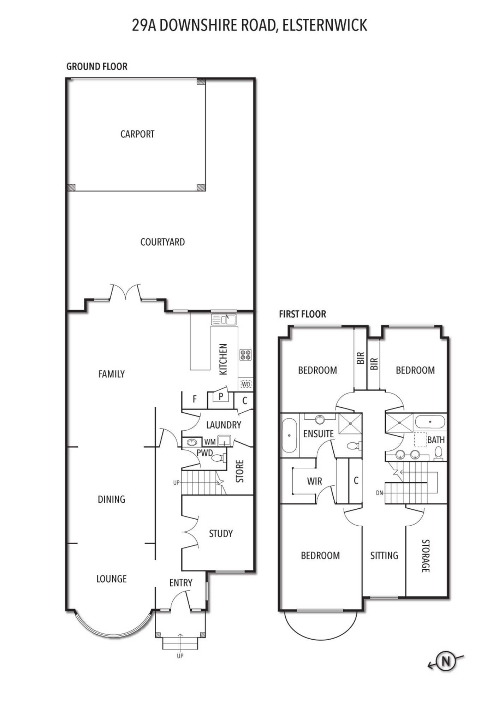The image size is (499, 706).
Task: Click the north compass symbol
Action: click(446, 660)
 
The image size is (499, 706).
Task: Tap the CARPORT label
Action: click(137, 134)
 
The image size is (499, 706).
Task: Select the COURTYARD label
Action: click(162, 242)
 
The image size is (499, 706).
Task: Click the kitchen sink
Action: click(224, 320)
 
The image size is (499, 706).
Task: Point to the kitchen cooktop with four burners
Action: click(245, 354)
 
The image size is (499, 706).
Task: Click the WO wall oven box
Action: click(246, 384)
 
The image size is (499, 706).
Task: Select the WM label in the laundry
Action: click(210, 442)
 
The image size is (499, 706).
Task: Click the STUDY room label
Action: click(221, 533)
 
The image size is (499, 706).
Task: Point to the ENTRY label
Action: click(181, 583)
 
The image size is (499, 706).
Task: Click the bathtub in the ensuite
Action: click(289, 435)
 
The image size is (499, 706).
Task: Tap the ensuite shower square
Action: click(350, 424)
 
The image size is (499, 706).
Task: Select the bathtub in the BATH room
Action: click(430, 421)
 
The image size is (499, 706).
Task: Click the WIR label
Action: click(315, 481)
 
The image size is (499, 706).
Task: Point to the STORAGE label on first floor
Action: click(426, 556)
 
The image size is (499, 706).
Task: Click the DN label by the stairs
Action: click(379, 493)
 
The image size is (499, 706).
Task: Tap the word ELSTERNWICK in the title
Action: click(325, 25)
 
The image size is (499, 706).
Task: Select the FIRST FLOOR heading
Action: click(302, 314)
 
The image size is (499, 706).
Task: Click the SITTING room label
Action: click(384, 556)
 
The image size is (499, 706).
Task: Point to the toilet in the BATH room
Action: click(438, 454)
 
